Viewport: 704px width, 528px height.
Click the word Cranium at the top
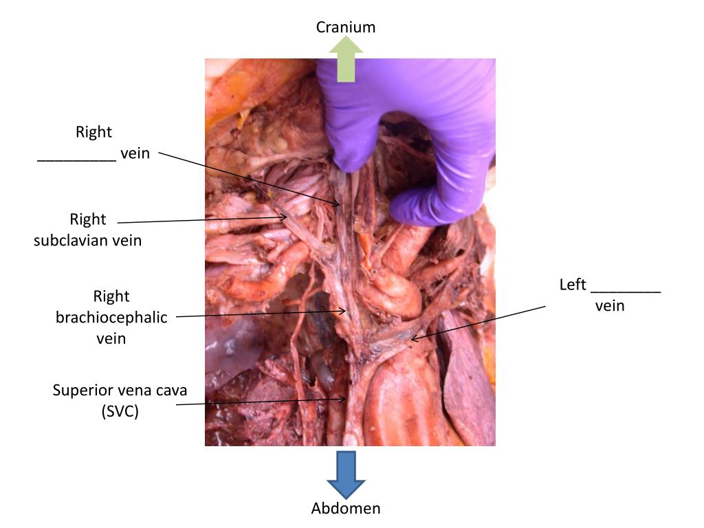click(345, 27)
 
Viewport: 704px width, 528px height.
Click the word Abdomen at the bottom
click(345, 509)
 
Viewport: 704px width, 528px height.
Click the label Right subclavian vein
click(88, 230)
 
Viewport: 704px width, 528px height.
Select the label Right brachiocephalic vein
click(111, 318)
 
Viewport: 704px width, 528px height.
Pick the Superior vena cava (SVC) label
click(120, 401)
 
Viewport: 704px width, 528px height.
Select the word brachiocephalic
click(111, 318)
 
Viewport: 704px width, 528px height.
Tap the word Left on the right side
click(572, 285)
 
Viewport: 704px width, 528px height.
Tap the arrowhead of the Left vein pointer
click(413, 338)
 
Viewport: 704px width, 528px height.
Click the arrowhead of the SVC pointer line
click(346, 399)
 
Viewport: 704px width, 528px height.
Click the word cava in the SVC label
click(171, 390)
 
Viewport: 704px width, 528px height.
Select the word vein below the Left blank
click(610, 306)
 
